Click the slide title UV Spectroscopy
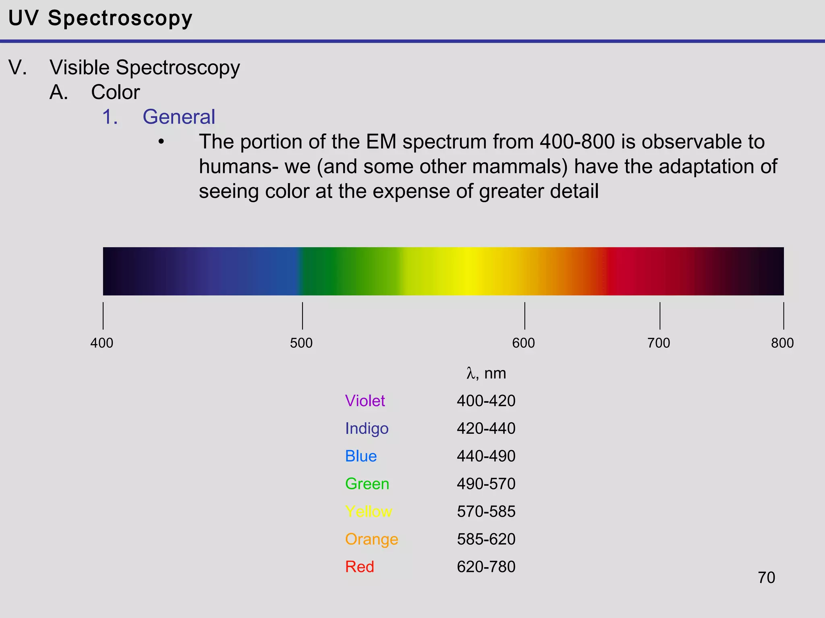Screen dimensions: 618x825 coord(100,19)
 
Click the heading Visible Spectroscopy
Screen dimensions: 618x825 coord(145,67)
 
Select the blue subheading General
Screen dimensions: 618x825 coord(179,117)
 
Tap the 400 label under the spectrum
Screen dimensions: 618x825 coord(102,343)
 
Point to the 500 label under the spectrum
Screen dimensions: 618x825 coord(301,343)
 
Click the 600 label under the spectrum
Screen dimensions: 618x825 coord(523,343)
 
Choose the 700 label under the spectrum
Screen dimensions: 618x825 coord(659,343)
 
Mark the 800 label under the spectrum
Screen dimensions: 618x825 coord(782,343)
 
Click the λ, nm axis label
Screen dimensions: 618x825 coord(486,373)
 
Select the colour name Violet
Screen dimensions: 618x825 coord(365,401)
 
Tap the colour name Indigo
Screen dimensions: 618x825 coord(367,428)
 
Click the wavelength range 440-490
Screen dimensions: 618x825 coord(486,456)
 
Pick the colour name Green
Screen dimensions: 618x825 coord(367,484)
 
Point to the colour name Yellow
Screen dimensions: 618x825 coord(369,511)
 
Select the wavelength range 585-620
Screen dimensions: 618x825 coord(486,539)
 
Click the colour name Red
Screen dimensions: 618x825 coord(360,566)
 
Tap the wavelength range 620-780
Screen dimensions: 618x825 coord(486,566)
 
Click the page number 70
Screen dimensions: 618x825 coord(766,577)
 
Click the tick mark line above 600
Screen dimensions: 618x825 coord(524,316)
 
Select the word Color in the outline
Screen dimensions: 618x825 coord(115,92)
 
